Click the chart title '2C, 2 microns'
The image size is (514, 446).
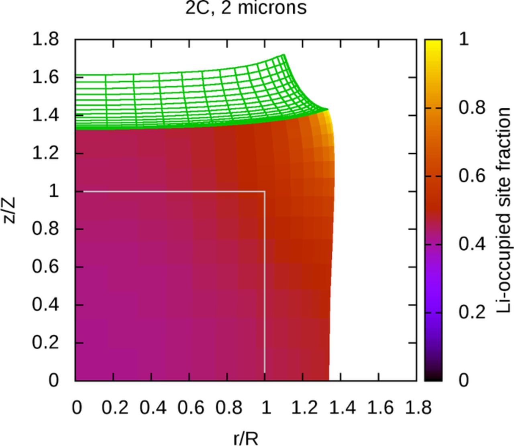point(246,8)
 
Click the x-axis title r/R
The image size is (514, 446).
point(246,438)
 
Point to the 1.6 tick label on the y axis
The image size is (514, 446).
point(45,77)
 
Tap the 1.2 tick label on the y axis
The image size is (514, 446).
point(45,153)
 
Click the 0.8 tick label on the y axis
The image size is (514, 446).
point(45,229)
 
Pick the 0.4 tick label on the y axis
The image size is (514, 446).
point(45,305)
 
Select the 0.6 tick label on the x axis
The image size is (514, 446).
point(189,408)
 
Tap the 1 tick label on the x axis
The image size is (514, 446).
point(265,408)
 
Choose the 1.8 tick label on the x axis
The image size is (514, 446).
point(418,408)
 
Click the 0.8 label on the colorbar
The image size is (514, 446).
point(472,108)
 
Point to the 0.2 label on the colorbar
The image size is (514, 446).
point(472,312)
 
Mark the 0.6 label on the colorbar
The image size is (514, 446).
point(472,176)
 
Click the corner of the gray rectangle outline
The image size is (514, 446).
point(264,192)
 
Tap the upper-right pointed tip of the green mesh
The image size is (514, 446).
point(284,55)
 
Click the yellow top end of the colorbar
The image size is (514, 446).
point(433,43)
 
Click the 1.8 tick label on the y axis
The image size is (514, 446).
point(45,39)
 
